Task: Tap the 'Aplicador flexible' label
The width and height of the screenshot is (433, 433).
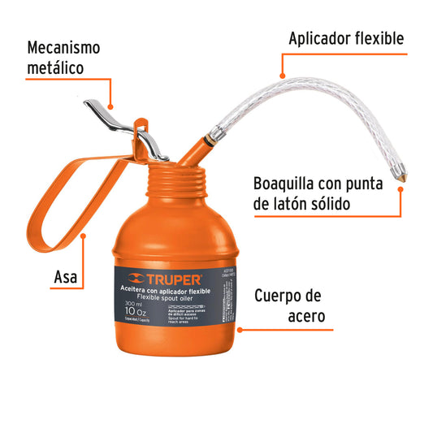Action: coord(346,38)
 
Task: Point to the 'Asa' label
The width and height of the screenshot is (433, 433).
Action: coord(66,277)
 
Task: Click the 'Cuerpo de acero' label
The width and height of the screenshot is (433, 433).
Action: coord(293,305)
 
